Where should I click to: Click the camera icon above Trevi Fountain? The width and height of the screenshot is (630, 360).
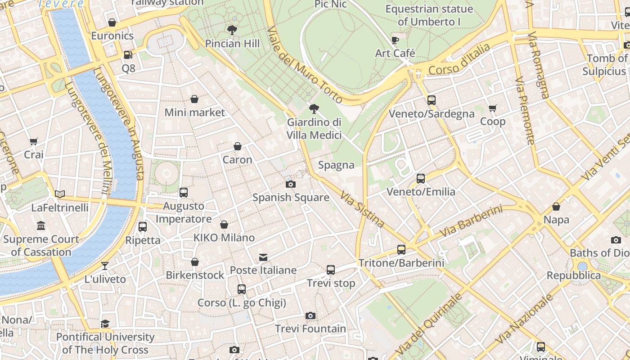tap(310, 315)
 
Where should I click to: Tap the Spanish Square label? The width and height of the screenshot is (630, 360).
tap(291, 198)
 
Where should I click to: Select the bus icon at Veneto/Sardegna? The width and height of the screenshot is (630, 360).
tap(432, 100)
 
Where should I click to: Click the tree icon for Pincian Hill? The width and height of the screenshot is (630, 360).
tap(232, 30)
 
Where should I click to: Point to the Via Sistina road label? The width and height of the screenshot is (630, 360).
tap(362, 209)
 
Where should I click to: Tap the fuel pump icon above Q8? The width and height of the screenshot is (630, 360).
tap(128, 55)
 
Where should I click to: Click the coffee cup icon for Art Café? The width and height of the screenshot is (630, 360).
tap(395, 40)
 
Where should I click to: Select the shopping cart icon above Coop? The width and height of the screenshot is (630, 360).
tap(493, 108)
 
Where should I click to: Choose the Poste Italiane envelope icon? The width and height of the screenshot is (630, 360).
tap(263, 257)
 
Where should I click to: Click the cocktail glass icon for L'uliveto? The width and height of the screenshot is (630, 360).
tap(105, 266)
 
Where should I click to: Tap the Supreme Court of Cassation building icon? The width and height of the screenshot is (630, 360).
tap(41, 226)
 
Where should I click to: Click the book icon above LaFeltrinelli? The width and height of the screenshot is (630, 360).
tap(60, 194)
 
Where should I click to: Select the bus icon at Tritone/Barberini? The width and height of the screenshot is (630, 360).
tap(401, 250)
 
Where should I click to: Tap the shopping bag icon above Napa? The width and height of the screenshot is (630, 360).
tap(556, 207)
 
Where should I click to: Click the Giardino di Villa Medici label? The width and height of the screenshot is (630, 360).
tap(314, 129)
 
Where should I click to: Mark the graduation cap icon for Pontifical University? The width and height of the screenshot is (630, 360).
tap(105, 324)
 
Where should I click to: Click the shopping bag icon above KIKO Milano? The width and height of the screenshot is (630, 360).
tap(224, 225)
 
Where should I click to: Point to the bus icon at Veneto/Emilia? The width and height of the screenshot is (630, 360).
tap(421, 179)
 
